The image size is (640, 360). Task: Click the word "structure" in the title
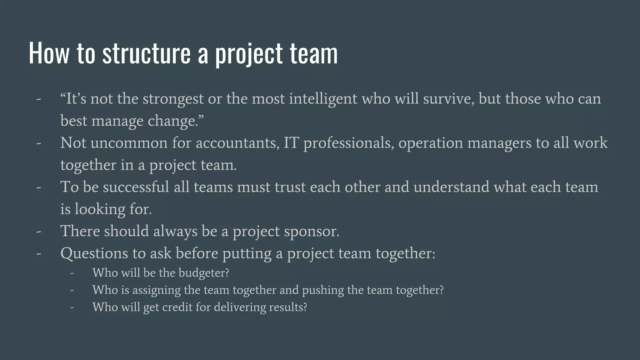coord(146,53)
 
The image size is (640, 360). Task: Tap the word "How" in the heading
coord(49,53)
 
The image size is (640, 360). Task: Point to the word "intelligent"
coord(323,99)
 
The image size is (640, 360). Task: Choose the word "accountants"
coord(237,143)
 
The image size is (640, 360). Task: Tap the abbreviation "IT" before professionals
coord(291,143)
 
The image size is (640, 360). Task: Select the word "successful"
coord(136,187)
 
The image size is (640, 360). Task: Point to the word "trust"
coord(290,187)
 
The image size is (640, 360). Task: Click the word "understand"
coord(451,187)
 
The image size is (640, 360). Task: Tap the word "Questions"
coord(94,253)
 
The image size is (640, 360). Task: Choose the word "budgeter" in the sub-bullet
coord(203,273)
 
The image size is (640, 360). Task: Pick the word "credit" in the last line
coord(177,307)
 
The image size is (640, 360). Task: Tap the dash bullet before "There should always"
coord(39,232)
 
